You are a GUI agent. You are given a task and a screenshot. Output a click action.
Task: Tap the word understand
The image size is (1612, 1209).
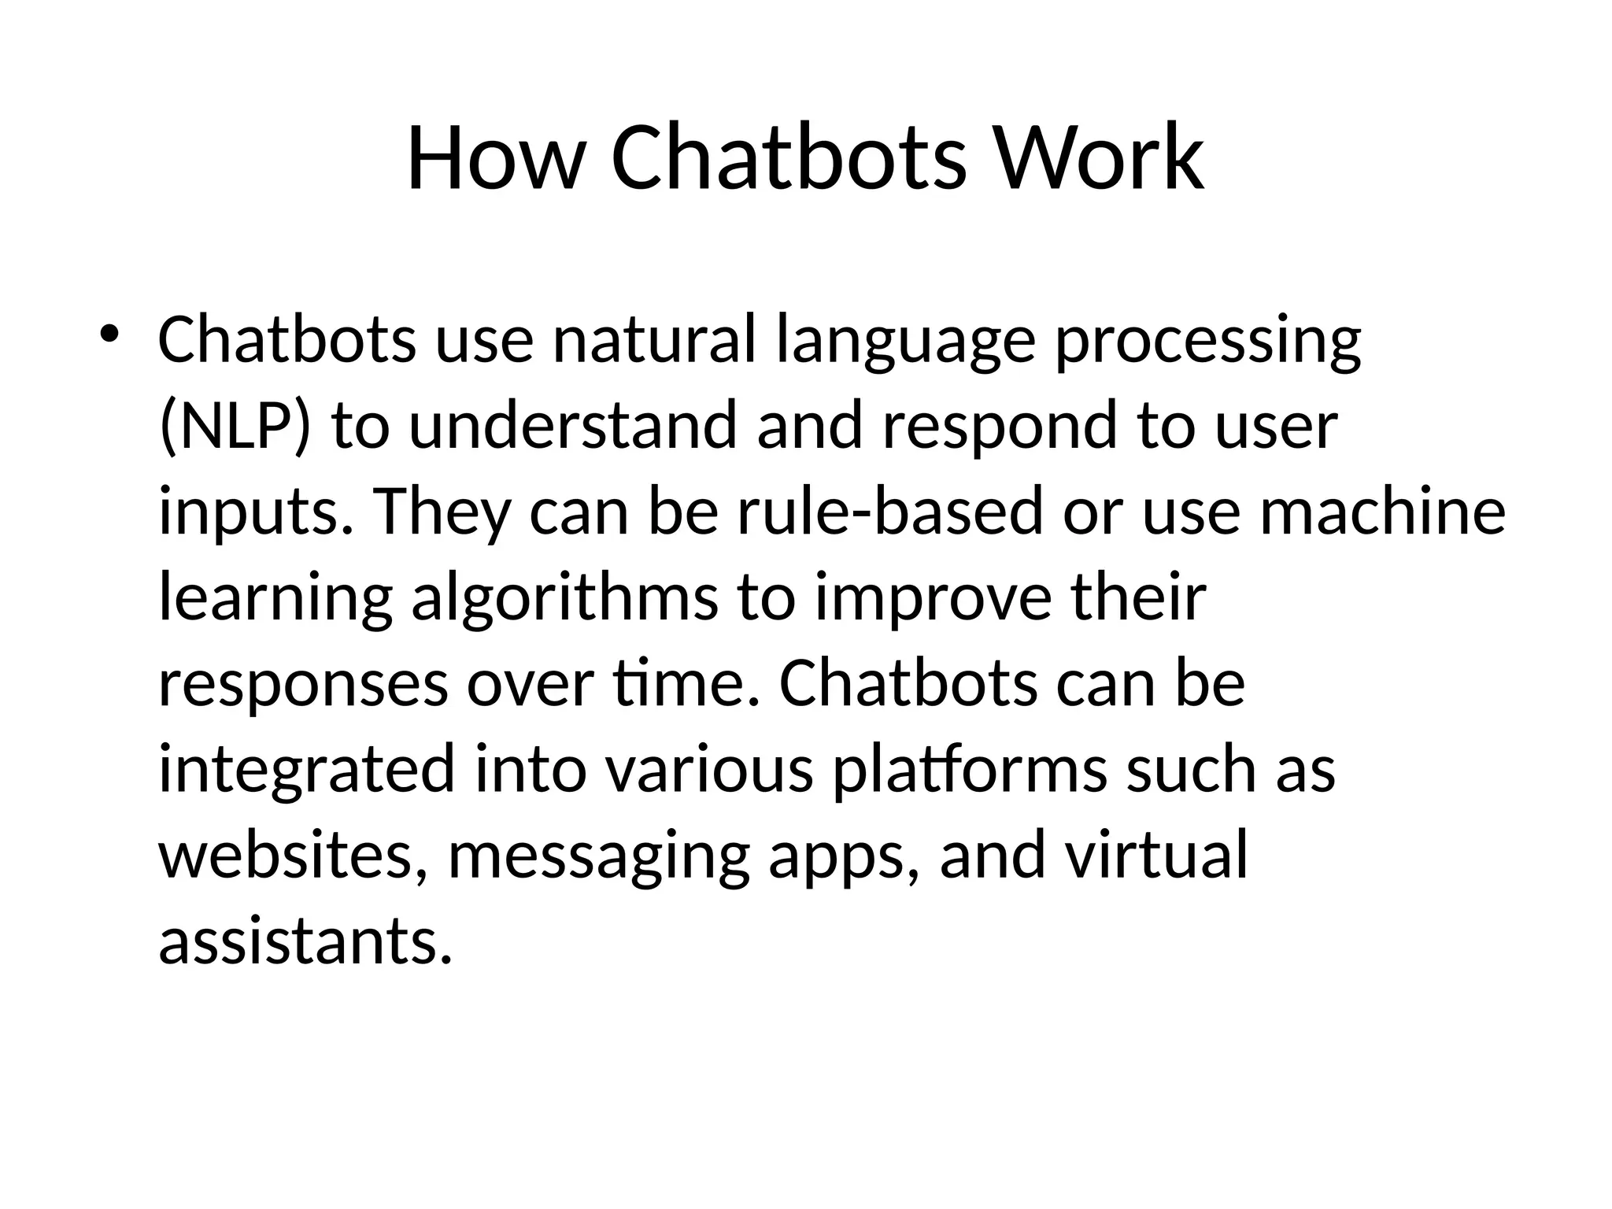pos(573,426)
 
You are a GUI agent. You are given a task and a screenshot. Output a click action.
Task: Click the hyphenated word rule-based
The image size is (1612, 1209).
pos(889,512)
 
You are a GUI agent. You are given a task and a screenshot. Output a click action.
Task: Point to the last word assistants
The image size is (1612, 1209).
pos(305,941)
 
